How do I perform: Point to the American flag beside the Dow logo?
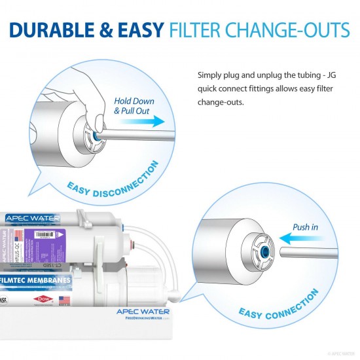pos(63,299)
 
